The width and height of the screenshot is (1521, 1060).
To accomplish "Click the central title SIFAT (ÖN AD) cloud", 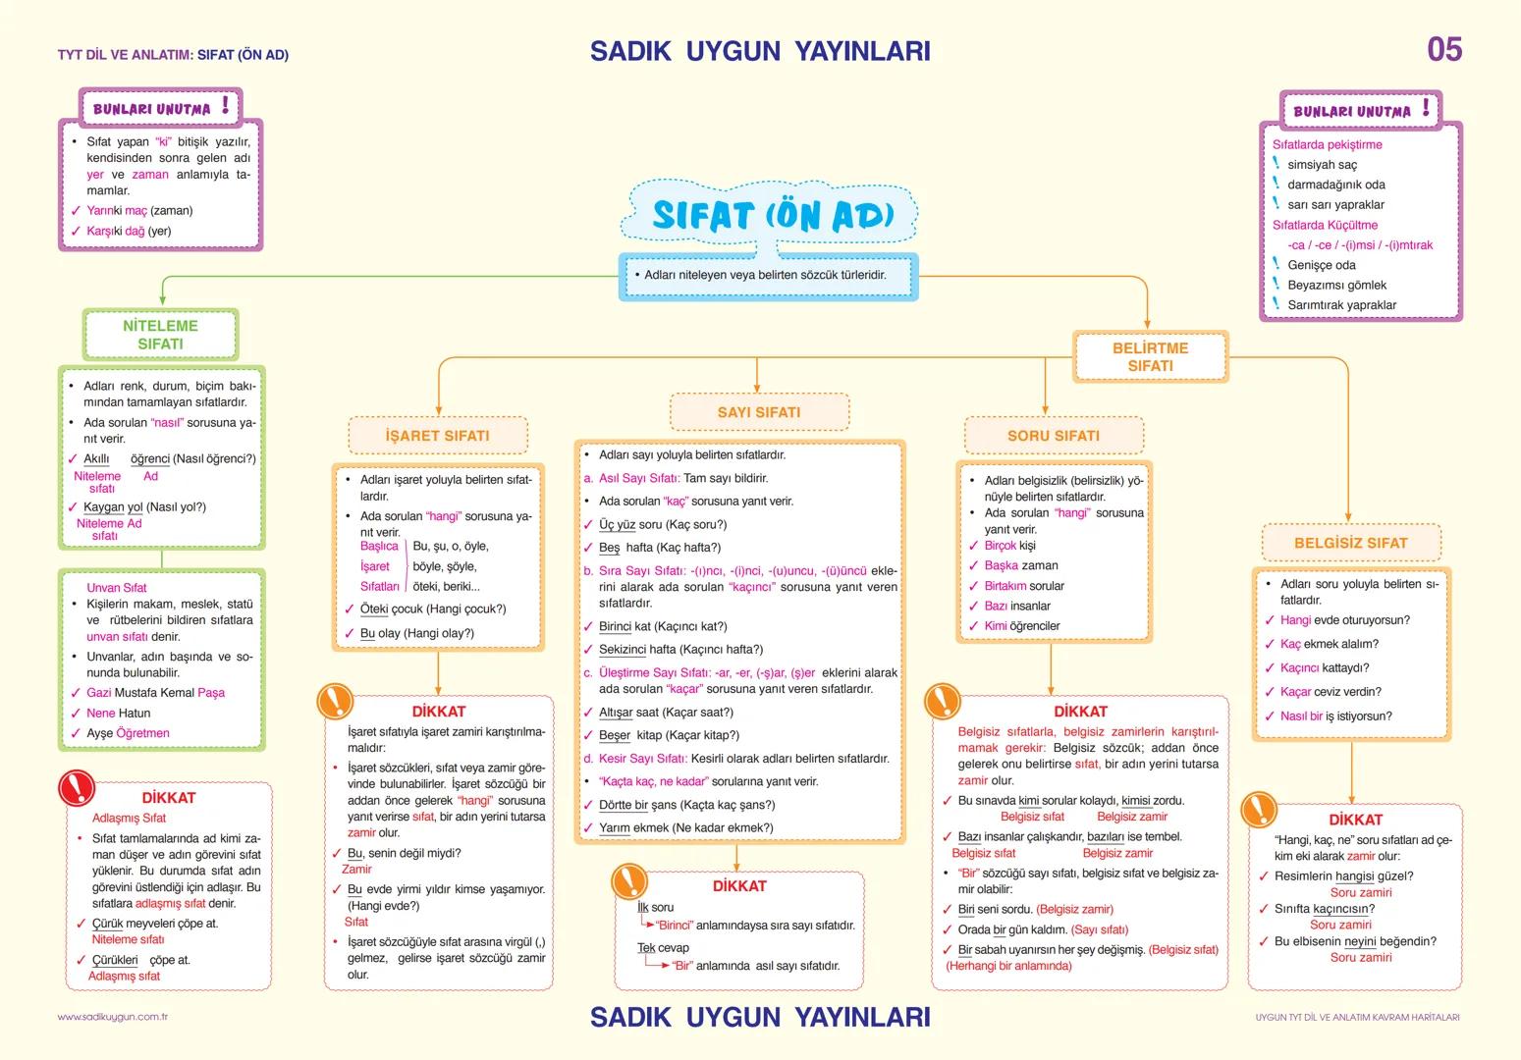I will (x=772, y=215).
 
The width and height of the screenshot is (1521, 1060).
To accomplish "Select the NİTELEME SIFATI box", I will (x=160, y=335).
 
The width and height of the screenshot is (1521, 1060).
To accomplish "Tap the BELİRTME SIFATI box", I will (x=1150, y=357).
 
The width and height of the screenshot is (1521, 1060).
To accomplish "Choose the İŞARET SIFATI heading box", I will (x=437, y=436).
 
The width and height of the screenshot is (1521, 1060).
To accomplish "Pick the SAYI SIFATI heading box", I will (x=758, y=412).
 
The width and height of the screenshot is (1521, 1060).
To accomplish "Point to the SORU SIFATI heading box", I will (x=1053, y=436).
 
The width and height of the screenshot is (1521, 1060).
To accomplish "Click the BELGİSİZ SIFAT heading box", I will (x=1350, y=543).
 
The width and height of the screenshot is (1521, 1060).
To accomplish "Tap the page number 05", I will (x=1443, y=50).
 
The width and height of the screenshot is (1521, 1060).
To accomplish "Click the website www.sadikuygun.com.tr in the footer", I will (x=113, y=1017).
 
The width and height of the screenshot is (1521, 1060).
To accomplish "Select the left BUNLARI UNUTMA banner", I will (x=160, y=107).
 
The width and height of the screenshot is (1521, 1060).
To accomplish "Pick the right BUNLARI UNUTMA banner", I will (x=1360, y=110).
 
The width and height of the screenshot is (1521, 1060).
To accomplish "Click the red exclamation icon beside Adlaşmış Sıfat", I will (x=78, y=787).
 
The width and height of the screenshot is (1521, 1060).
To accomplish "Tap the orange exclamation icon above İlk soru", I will (x=629, y=881).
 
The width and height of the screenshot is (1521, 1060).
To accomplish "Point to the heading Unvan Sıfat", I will (x=117, y=588).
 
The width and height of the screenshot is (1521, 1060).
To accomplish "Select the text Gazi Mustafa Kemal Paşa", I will (x=155, y=693).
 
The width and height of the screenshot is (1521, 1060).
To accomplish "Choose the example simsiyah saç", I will (x=1322, y=165).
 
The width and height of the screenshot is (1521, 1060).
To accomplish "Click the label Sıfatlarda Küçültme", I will (x=1325, y=225).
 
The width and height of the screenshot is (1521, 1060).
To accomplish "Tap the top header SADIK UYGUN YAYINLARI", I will (x=760, y=51).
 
